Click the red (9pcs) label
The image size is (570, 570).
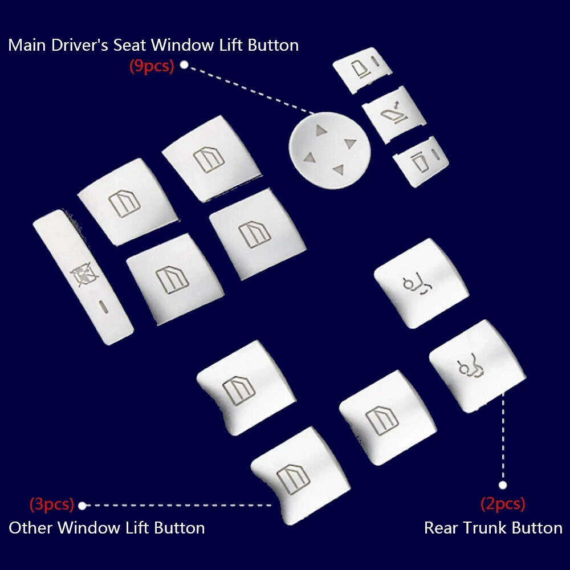pos(151,66)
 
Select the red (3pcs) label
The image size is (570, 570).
pos(52,504)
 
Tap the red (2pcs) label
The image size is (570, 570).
pos(502,504)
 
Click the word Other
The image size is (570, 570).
pos(31,528)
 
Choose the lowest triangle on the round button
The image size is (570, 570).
pos(338,168)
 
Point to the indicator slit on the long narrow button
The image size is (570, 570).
pos(103,306)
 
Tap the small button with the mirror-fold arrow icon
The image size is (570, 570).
pos(394,114)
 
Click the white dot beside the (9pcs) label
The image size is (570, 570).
pos(184,65)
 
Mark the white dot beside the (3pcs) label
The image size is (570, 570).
pos(82,505)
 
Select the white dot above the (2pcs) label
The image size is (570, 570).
pos(502,485)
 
